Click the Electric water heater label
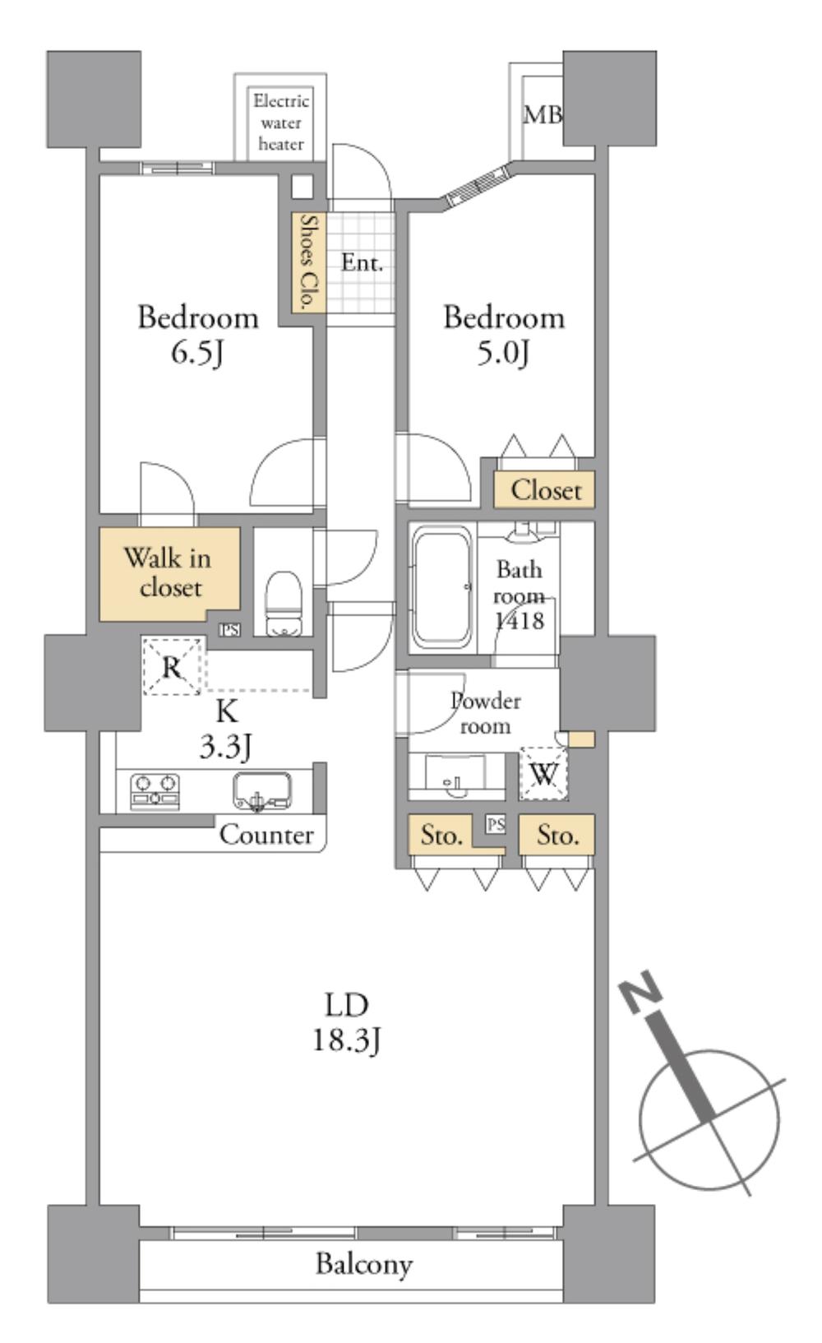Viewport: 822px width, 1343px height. point(281,123)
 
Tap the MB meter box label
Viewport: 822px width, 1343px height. point(543,114)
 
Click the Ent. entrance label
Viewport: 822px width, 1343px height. point(362,262)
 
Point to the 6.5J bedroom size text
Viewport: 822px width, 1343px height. point(198,353)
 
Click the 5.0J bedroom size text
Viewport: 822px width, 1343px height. point(503,353)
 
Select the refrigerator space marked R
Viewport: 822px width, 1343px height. point(172,666)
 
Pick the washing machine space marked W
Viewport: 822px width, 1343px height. point(543,773)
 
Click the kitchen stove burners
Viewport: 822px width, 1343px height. point(155,790)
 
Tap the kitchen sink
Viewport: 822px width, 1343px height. point(261,790)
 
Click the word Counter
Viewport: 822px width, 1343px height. point(266,835)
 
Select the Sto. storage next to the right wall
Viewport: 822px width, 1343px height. point(557,836)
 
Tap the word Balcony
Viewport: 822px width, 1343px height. point(364,1263)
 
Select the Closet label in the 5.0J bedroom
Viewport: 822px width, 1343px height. point(545,490)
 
